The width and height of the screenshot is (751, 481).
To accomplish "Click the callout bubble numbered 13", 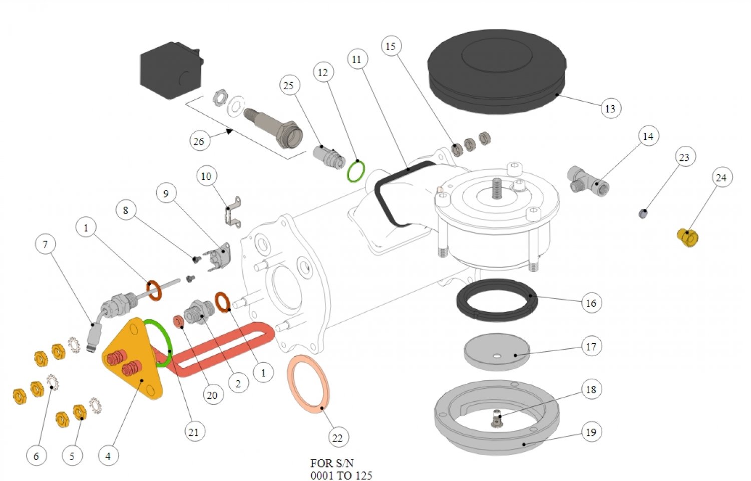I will click(610, 108).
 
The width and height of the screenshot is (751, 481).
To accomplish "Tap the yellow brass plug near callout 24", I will click(688, 237).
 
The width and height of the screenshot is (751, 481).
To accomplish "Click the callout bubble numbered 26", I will click(199, 141).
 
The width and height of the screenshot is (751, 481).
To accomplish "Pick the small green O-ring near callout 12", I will click(356, 171).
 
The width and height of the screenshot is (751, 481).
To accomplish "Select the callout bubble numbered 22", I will click(337, 438).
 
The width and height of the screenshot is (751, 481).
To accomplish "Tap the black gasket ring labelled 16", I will click(497, 300).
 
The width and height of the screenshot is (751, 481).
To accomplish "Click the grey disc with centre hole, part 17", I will click(496, 351).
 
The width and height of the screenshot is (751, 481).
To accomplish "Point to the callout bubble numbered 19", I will click(591, 432).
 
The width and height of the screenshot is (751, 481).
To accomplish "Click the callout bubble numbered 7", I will click(46, 244).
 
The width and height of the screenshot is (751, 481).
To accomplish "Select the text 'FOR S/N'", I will click(331, 463).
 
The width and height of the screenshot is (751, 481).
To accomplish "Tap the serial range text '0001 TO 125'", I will click(341, 475).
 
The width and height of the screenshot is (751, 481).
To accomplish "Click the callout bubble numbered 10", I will click(206, 176).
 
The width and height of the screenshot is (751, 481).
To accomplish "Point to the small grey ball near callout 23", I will click(644, 214).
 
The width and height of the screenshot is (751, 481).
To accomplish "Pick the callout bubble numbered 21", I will click(194, 432).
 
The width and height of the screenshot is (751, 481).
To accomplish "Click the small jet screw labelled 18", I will click(497, 418).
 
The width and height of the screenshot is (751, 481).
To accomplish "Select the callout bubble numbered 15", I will click(391, 46).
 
